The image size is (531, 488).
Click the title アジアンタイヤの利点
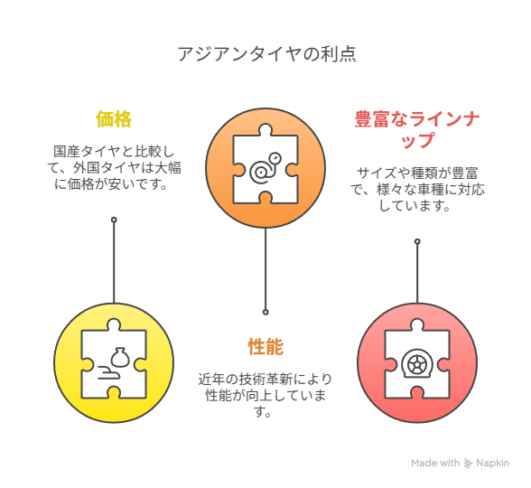tap(267, 53)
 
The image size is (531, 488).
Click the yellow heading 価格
tap(114, 119)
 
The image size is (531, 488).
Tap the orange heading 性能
tap(265, 346)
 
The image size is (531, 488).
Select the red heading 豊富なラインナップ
tap(417, 129)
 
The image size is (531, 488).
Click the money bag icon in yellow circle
tap(119, 357)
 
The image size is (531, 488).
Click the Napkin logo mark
tap(468, 464)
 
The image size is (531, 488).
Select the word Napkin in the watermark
tap(493, 464)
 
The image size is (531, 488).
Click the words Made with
tap(435, 463)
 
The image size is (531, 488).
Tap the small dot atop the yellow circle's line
tap(114, 220)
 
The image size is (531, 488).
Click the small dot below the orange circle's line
tap(265, 312)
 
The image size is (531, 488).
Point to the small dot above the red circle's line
tap(417, 241)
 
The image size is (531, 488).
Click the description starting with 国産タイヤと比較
tap(114, 168)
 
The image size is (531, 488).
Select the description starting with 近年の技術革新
tap(265, 395)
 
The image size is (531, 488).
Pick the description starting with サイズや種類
tap(417, 190)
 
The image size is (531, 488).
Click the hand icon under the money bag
tap(109, 372)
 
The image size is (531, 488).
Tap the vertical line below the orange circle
tap(265, 268)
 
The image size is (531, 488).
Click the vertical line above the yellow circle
tap(114, 263)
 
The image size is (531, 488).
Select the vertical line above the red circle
tap(417, 274)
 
